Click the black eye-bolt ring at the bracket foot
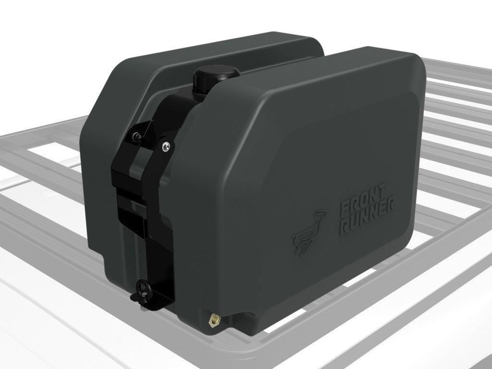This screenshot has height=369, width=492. click(144, 289)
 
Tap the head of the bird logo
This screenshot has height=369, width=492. click(321, 214)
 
